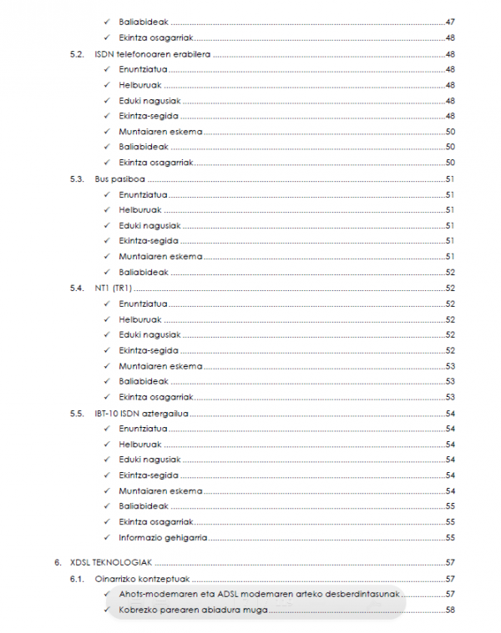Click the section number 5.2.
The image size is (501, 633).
tap(78, 53)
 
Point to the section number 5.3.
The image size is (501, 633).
tap(78, 178)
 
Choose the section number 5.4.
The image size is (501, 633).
tap(78, 288)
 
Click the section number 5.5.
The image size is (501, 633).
tap(78, 413)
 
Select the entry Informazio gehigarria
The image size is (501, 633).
tap(163, 537)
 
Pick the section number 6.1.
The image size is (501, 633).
tap(78, 579)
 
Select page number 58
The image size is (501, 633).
tap(450, 610)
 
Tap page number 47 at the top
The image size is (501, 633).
tap(450, 22)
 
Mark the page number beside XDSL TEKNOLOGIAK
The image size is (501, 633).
tap(450, 563)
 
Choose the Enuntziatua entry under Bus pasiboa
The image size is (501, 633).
tap(143, 194)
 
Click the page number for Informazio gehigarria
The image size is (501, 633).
tap(450, 537)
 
